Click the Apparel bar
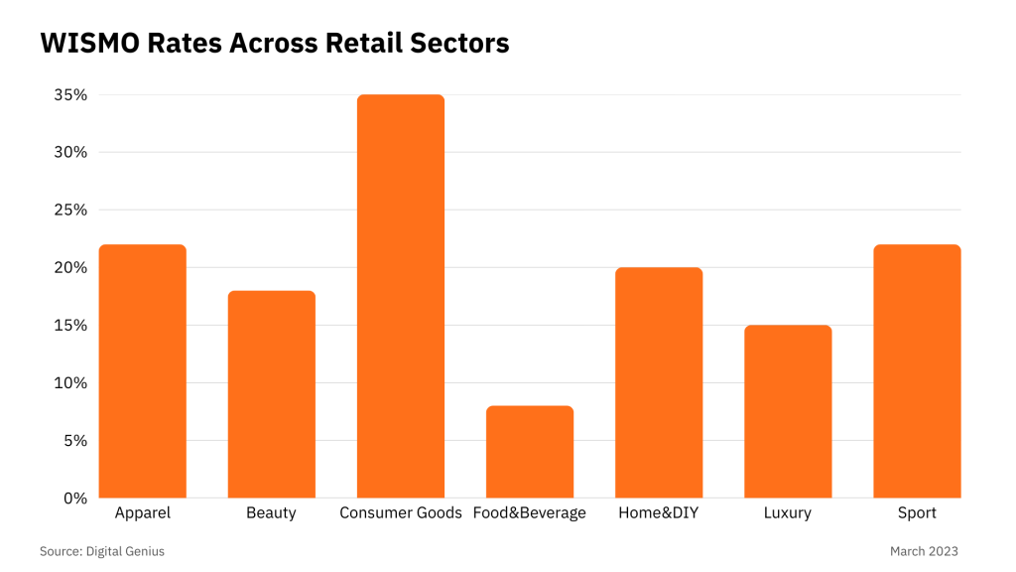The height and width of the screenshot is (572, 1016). (x=143, y=370)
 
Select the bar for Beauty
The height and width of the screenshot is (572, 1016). (x=272, y=393)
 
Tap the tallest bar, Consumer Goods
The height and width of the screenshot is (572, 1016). (x=401, y=296)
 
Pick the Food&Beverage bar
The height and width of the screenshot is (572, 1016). (x=530, y=451)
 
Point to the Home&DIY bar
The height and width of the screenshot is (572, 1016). (x=659, y=382)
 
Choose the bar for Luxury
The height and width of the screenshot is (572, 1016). (x=788, y=411)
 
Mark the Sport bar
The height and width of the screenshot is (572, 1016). (x=917, y=370)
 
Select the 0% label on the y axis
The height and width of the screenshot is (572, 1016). (x=75, y=499)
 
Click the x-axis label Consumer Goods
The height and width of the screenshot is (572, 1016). (x=401, y=513)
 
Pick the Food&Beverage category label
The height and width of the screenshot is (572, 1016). (x=530, y=513)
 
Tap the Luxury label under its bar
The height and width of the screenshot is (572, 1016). (x=788, y=513)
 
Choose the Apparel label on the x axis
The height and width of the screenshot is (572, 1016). (x=143, y=513)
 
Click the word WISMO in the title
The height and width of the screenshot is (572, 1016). (x=84, y=44)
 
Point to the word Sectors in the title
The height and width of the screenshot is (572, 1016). (x=462, y=44)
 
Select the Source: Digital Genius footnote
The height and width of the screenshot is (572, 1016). (x=102, y=551)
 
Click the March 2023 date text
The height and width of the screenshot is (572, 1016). (x=924, y=551)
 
